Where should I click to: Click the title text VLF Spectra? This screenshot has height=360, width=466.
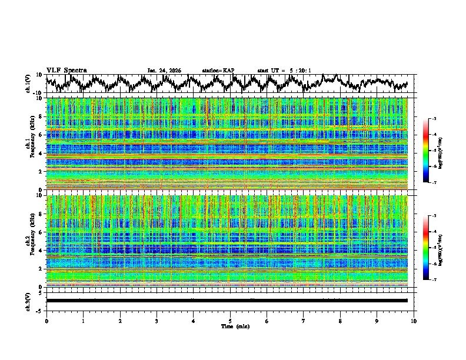click(66, 70)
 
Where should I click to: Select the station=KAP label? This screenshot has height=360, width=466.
click(218, 71)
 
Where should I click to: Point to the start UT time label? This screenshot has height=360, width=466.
click(284, 71)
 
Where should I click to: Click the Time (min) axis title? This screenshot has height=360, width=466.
click(230, 326)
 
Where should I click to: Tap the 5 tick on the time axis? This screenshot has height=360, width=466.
click(230, 321)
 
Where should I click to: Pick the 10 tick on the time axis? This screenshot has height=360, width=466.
click(414, 321)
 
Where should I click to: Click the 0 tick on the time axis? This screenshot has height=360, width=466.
click(46, 321)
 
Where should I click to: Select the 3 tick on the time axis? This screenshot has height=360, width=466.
click(157, 321)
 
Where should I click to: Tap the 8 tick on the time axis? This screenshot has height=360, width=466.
click(340, 321)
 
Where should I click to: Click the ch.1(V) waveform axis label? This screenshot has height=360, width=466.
click(28, 84)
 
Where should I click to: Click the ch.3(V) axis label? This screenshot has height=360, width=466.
click(28, 301)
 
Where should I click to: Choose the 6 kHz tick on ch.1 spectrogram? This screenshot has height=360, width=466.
click(41, 135)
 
